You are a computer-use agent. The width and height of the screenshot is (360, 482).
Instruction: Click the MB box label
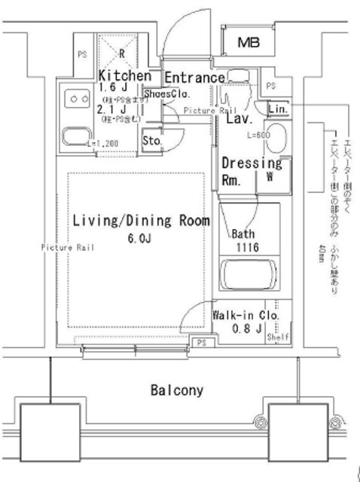pos(247,44)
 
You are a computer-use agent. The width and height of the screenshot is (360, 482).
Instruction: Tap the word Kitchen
pos(125,76)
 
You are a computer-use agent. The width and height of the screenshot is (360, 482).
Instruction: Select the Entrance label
pos(194,78)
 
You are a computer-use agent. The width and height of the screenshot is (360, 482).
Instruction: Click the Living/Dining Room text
pos(141,221)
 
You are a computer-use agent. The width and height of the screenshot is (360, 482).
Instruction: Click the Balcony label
pos(177,390)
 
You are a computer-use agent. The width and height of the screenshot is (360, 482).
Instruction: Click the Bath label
pos(243,233)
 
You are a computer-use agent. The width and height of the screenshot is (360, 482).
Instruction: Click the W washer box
pos(269,178)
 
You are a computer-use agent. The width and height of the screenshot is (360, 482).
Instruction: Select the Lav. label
pos(239,119)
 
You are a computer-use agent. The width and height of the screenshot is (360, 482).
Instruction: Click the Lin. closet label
pos(276,108)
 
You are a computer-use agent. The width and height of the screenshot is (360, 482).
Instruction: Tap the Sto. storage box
pos(151,140)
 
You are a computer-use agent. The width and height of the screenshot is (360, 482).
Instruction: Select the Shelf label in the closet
pos(277,338)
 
